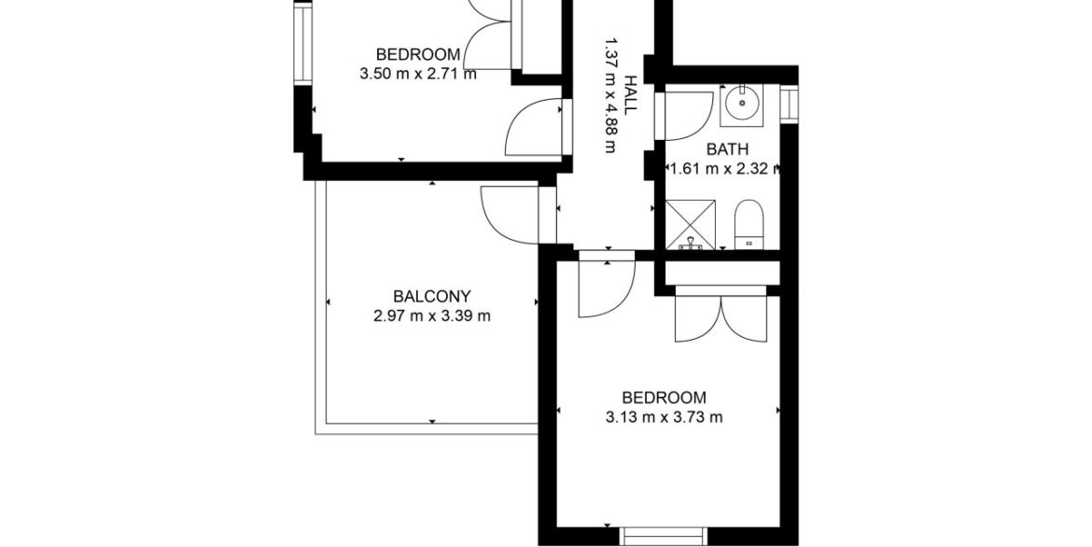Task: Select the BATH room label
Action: pos(727,148)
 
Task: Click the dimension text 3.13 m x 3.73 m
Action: pos(664,417)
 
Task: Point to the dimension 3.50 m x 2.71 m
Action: pos(418,74)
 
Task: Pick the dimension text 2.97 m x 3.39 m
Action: pos(431,316)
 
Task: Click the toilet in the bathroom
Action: pos(749,226)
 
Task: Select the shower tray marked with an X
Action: pos(693,223)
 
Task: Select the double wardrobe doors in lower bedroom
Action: pos(721,317)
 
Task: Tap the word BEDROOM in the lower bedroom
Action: pos(664,398)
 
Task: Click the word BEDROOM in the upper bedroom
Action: pos(418,54)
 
